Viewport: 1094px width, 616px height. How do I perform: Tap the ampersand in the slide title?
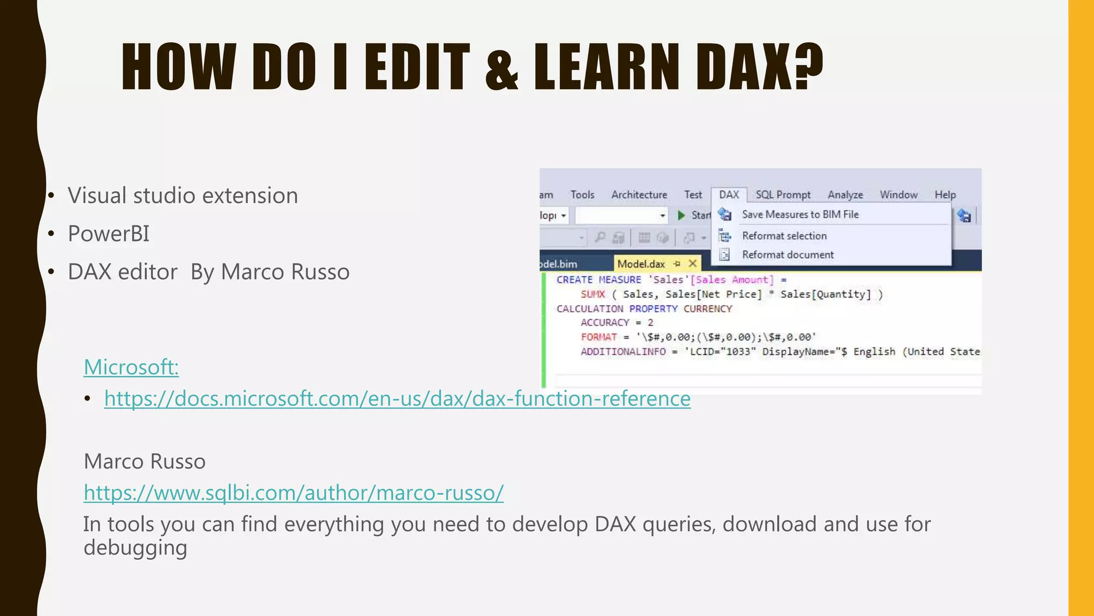click(502, 68)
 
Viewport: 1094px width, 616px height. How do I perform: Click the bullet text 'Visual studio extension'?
click(183, 196)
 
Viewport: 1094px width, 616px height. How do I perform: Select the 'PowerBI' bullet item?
click(108, 234)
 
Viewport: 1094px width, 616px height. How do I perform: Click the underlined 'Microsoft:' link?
click(131, 367)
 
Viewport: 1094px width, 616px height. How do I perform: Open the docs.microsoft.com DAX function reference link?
click(397, 399)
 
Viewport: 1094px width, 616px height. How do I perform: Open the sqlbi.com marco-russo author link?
click(294, 492)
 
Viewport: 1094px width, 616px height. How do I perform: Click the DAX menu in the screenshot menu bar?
click(729, 195)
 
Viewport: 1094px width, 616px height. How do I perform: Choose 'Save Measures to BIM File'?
click(800, 214)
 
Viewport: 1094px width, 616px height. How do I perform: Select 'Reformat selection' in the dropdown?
click(784, 236)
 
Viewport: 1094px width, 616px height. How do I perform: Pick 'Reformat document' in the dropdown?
click(787, 255)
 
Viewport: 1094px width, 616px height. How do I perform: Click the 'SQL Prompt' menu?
click(783, 195)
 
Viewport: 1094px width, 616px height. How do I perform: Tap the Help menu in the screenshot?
click(945, 195)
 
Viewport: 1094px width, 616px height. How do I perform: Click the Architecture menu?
click(639, 195)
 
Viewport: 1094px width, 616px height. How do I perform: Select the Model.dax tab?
click(641, 264)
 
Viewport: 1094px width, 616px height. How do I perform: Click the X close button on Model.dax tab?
click(693, 263)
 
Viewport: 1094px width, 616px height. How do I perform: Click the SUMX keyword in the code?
click(593, 294)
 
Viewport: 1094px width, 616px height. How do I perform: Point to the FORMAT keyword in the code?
click(599, 337)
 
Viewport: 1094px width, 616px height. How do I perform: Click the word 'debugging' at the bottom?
click(136, 548)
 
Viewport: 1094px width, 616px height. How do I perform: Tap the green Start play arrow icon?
click(681, 215)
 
